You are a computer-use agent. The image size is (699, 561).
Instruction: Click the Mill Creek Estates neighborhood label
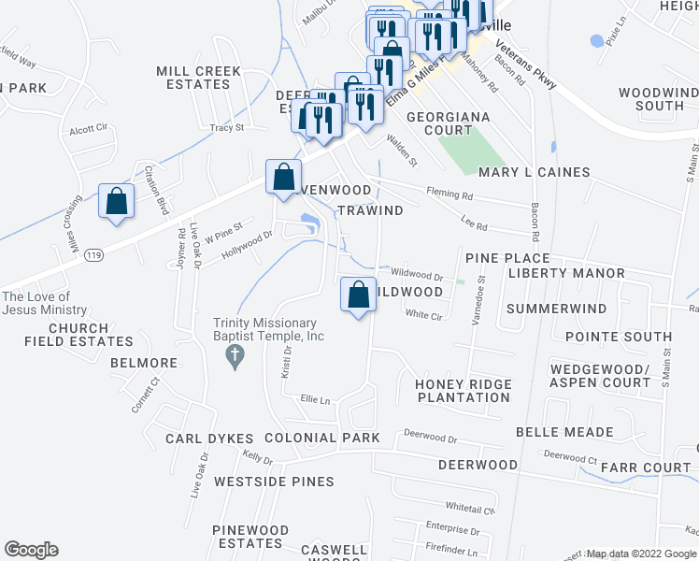[193, 78]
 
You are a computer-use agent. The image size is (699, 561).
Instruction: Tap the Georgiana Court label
[448, 123]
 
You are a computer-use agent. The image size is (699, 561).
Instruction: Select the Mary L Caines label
[534, 172]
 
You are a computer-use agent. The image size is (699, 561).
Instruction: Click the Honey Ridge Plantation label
[464, 391]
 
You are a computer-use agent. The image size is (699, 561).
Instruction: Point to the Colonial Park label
[321, 438]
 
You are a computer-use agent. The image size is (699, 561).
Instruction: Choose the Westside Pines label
[273, 482]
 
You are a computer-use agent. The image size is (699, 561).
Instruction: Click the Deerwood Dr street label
[430, 437]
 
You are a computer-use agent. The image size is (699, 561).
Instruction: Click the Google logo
[31, 550]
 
